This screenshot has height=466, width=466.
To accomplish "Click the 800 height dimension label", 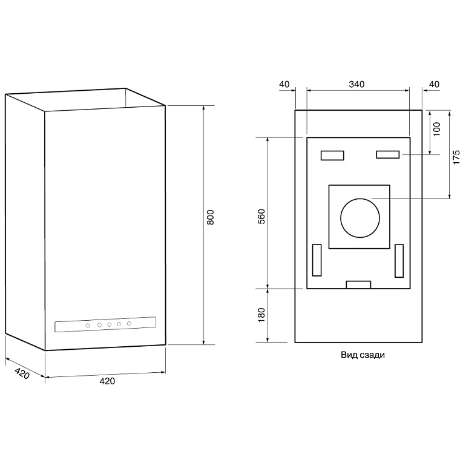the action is pyautogui.click(x=210, y=217).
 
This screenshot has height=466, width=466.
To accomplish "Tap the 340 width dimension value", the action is pyautogui.click(x=356, y=84).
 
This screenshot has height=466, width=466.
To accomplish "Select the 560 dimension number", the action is pyautogui.click(x=261, y=217).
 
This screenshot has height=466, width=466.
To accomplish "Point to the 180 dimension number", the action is pyautogui.click(x=261, y=315).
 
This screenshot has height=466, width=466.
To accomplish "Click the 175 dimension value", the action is pyautogui.click(x=456, y=157).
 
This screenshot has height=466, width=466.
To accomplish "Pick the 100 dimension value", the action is pyautogui.click(x=436, y=129).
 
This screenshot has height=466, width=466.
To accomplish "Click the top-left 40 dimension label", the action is pyautogui.click(x=284, y=84).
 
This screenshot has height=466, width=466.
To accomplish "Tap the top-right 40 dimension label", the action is pyautogui.click(x=434, y=84).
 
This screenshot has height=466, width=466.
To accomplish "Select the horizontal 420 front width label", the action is pyautogui.click(x=107, y=381).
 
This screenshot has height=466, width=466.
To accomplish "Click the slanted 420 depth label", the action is pyautogui.click(x=22, y=373).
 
